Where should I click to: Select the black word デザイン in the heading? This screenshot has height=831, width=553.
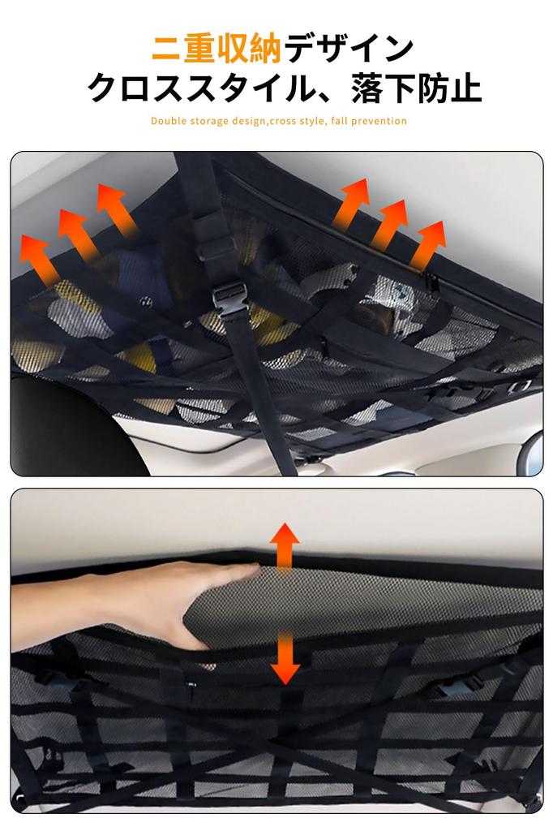coord(348,50)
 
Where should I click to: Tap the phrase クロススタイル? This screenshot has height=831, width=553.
coord(198,88)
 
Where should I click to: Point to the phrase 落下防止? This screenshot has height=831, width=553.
coord(417,88)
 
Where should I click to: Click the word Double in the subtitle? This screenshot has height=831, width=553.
coord(169,122)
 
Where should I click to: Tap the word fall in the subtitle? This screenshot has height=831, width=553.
coord(339,122)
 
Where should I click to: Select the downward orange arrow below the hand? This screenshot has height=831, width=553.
coord(285,657)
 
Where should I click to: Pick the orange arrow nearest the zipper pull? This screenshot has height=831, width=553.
coord(427,244)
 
